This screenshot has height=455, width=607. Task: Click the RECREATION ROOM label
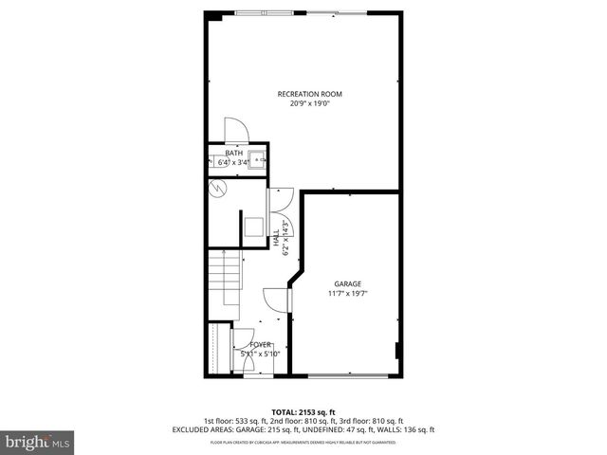click(309, 94)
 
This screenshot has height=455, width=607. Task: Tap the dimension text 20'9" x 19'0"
click(309, 103)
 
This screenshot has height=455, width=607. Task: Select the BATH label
click(233, 154)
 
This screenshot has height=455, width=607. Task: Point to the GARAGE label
click(347, 283)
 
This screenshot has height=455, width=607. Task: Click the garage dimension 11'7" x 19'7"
click(347, 293)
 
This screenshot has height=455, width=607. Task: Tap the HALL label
click(276, 238)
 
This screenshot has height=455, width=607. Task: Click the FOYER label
click(261, 344)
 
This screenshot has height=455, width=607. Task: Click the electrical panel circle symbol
click(217, 188)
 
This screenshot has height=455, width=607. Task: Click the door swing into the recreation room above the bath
click(234, 131)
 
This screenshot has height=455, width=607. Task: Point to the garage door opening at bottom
click(347, 375)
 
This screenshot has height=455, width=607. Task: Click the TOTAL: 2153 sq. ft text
click(303, 412)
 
